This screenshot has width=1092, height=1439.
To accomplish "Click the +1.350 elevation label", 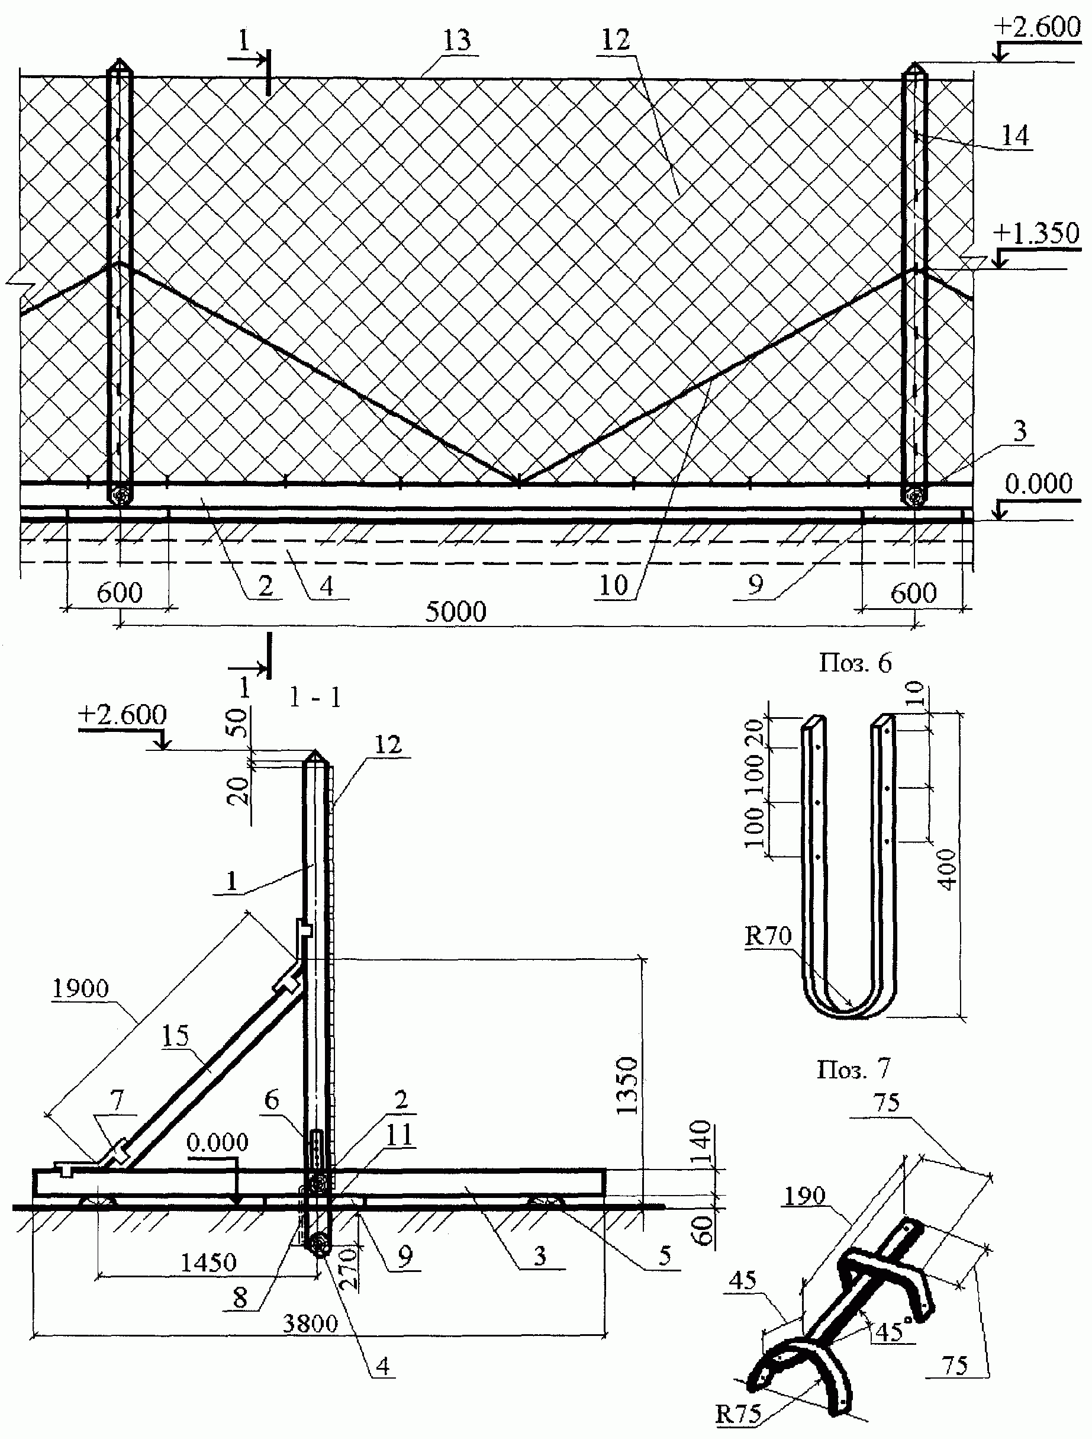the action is (1037, 232).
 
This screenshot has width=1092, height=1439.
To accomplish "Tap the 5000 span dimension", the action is (456, 612).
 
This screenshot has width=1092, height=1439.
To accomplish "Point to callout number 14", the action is (1014, 136).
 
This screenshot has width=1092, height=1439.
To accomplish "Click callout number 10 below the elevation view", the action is (613, 586).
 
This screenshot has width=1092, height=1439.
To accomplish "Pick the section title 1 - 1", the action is (315, 698).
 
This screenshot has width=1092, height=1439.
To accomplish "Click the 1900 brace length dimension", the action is (80, 988).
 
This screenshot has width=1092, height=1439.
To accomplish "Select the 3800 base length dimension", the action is (310, 1322).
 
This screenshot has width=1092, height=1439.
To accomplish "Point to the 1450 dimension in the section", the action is (208, 1263).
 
